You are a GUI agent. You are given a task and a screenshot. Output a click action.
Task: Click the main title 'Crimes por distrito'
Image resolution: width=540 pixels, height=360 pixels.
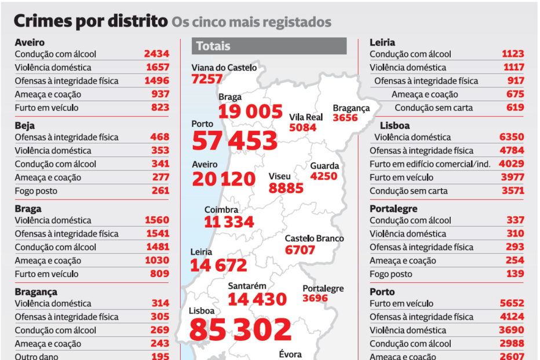(90, 21)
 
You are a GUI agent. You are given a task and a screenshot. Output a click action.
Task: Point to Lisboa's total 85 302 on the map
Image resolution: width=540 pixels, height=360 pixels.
(240, 329)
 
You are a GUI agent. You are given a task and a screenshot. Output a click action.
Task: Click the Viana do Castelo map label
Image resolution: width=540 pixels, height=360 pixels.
(224, 68)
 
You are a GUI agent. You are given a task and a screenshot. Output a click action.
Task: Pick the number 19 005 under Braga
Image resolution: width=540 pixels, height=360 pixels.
(250, 111)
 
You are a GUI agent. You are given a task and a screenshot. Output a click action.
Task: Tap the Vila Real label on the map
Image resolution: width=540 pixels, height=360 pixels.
(306, 117)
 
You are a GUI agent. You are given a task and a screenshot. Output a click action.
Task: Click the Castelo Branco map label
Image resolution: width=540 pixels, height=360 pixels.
(314, 238)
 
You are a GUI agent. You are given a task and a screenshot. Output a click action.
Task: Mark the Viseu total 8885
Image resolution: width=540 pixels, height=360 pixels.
(286, 188)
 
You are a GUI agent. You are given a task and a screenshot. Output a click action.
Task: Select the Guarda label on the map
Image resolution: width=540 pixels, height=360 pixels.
(324, 166)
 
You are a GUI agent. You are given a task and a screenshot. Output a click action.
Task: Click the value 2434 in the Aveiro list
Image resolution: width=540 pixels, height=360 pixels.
(156, 54)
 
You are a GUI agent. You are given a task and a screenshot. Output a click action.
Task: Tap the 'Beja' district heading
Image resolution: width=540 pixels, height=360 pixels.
(25, 125)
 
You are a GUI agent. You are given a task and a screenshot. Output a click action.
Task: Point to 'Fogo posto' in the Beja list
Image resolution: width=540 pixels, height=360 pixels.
(36, 191)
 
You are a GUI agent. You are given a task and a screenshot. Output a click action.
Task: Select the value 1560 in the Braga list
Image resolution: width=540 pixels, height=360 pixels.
(156, 220)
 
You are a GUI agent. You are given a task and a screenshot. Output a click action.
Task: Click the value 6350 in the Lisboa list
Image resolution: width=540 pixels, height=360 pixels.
(511, 137)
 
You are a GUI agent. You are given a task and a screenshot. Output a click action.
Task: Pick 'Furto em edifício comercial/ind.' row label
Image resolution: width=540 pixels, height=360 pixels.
(430, 164)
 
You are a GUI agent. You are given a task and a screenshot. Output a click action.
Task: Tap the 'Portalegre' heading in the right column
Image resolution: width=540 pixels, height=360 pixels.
(393, 209)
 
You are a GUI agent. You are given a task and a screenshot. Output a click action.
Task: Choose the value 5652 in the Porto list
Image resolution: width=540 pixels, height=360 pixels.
(511, 303)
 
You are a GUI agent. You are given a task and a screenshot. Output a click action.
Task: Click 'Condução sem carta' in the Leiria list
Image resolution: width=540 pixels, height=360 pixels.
(433, 108)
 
